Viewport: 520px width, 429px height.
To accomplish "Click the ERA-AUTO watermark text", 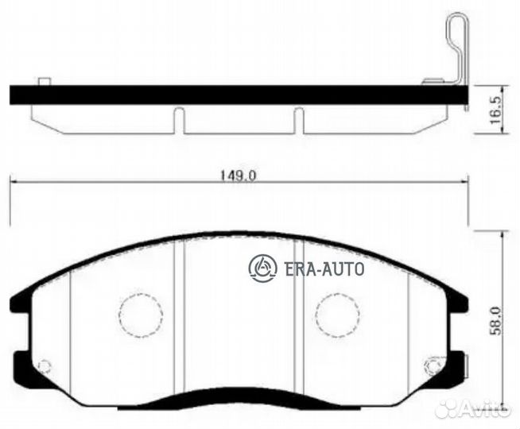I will tap(324, 269).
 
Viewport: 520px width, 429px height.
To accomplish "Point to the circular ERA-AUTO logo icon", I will tap(263, 269).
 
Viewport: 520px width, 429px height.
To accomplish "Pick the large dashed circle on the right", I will tap(336, 314).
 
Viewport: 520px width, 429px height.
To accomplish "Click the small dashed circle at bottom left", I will tap(45, 366).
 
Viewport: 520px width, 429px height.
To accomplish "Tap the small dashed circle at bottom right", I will tap(433, 366).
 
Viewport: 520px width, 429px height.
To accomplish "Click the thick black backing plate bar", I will tap(239, 94).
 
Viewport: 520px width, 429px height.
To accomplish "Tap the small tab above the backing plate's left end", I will tap(45, 80).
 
